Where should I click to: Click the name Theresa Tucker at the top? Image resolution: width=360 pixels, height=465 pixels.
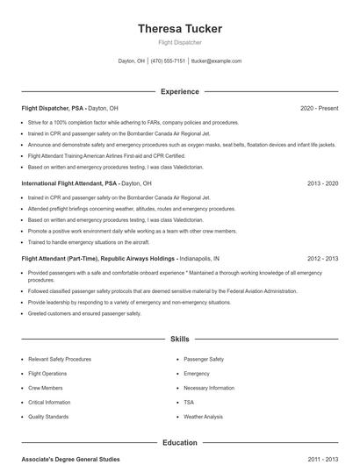(180, 29)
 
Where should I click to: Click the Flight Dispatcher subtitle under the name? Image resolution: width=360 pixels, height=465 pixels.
(180, 41)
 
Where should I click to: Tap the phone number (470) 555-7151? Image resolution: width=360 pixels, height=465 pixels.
(168, 61)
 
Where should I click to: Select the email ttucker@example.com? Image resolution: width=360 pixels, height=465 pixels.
(216, 61)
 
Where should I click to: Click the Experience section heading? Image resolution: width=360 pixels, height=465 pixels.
(180, 91)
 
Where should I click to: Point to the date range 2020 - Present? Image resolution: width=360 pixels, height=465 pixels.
(319, 108)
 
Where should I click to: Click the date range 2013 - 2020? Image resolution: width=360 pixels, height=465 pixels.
(322, 183)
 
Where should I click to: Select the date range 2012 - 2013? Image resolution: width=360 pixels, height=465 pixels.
(322, 259)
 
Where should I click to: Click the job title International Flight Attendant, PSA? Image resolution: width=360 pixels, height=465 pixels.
(69, 183)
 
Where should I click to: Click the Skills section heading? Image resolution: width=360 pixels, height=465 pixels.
(180, 338)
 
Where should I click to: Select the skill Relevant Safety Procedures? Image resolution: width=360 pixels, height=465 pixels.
(60, 359)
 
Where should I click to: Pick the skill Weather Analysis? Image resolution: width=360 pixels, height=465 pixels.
(204, 417)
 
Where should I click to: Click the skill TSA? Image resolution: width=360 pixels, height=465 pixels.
(189, 402)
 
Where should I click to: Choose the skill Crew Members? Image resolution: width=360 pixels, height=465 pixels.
(46, 388)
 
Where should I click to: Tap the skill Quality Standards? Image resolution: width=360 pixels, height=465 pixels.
(48, 417)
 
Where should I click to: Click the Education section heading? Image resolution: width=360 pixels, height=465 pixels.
(180, 443)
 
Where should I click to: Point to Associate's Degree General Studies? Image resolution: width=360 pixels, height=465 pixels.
(70, 459)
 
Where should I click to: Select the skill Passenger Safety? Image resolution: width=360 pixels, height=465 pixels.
(204, 359)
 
